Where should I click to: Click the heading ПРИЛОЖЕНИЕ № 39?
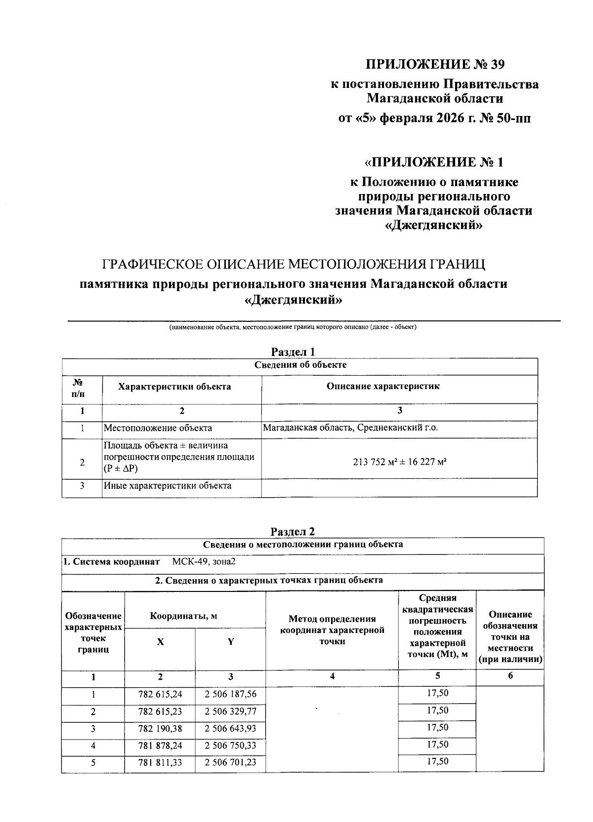point(435,64)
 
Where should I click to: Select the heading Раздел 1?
point(293,352)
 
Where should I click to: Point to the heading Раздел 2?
point(293,531)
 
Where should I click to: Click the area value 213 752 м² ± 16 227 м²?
point(400,463)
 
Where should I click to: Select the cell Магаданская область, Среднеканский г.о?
point(350,428)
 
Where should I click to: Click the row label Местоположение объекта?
point(158,428)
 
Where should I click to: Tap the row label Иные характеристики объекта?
point(168,485)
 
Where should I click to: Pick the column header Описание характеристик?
point(382,386)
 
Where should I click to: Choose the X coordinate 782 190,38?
point(160,729)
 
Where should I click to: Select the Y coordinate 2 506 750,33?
point(231,745)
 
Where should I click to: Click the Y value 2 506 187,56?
point(231,694)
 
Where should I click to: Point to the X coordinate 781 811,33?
point(160,763)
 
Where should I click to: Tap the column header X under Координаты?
point(160,642)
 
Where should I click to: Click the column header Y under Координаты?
point(231,642)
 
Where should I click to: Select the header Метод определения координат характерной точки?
point(332,630)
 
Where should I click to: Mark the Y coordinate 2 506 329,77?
point(231,711)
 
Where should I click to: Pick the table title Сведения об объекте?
point(300,365)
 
